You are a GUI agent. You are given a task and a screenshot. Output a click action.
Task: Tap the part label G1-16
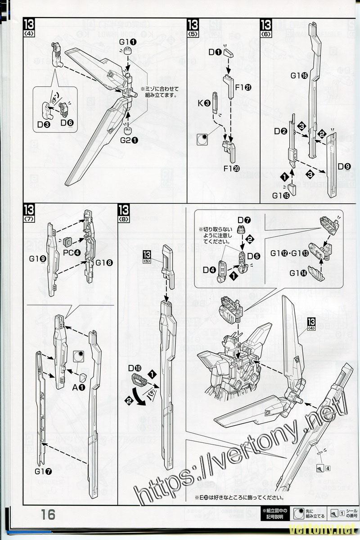pos(300,76)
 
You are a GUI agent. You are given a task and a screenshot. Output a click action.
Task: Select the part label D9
pos(344,166)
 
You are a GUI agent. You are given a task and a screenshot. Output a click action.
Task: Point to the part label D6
pos(67,122)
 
